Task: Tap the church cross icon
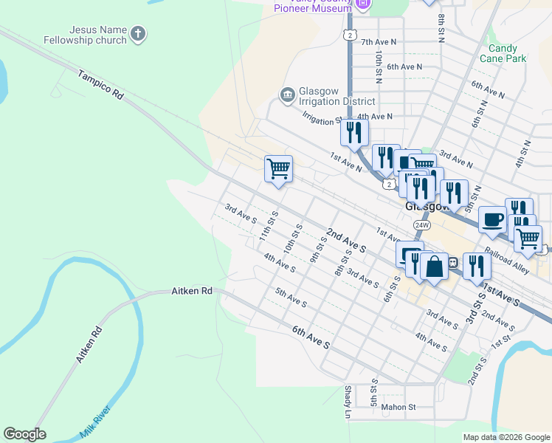[x=139, y=33]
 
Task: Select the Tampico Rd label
[x=99, y=85]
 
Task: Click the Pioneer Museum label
[x=312, y=8]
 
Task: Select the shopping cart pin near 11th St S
[x=278, y=169]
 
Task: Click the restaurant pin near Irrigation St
[x=354, y=132]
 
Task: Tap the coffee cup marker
[x=492, y=219]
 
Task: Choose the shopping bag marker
[x=435, y=267]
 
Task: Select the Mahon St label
[x=399, y=407]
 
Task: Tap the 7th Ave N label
[x=379, y=42]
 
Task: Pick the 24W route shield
[x=421, y=224]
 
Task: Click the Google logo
[x=24, y=434]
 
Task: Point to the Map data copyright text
[x=506, y=437]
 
